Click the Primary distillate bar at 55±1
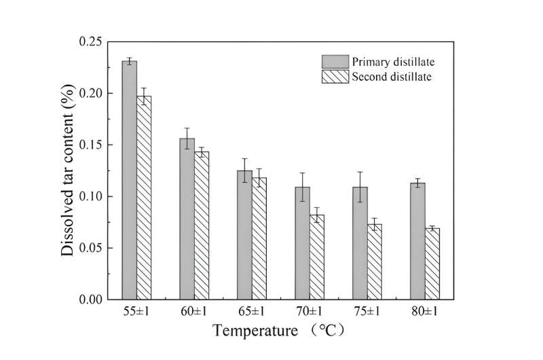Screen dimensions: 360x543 coord(130,180)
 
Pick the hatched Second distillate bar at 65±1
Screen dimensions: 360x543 coord(259,238)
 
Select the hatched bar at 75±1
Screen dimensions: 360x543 coord(374,262)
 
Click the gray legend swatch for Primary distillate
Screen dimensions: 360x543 coord(335,62)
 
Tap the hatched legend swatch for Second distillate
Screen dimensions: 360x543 coord(335,77)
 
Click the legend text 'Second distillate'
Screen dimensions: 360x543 coord(392,77)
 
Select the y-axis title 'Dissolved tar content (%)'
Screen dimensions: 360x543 coord(67,170)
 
